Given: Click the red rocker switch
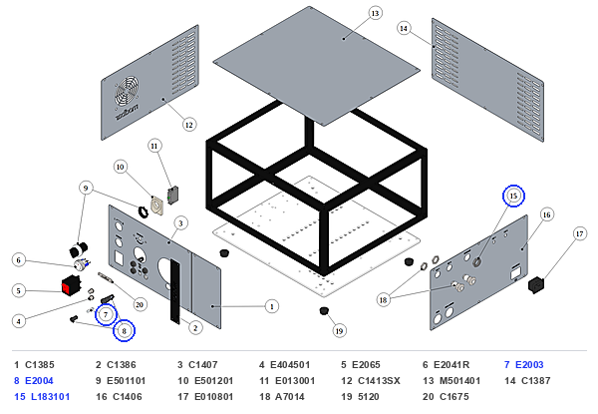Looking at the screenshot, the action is click(71, 284).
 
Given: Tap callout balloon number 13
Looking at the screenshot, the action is click(376, 13).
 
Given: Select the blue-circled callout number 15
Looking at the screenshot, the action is click(513, 196).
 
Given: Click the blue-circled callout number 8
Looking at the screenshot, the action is click(124, 331).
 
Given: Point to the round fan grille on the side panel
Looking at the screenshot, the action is click(127, 92).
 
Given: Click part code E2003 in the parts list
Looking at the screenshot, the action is click(529, 365).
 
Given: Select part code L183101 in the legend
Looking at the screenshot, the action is click(51, 397).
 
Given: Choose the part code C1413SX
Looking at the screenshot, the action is click(379, 381).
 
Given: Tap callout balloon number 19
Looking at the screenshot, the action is click(339, 331).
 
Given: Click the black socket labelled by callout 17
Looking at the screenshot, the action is click(536, 285).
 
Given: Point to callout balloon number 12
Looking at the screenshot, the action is click(189, 125).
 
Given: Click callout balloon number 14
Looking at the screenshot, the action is click(404, 28).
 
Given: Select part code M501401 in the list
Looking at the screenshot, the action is click(459, 381).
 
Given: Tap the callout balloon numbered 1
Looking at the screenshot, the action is click(271, 306).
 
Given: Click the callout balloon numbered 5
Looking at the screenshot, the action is click(19, 290).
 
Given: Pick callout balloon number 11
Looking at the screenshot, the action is click(154, 146).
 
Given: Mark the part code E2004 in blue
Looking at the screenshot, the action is click(39, 381).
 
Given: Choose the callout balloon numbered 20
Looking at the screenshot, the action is click(140, 304).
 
